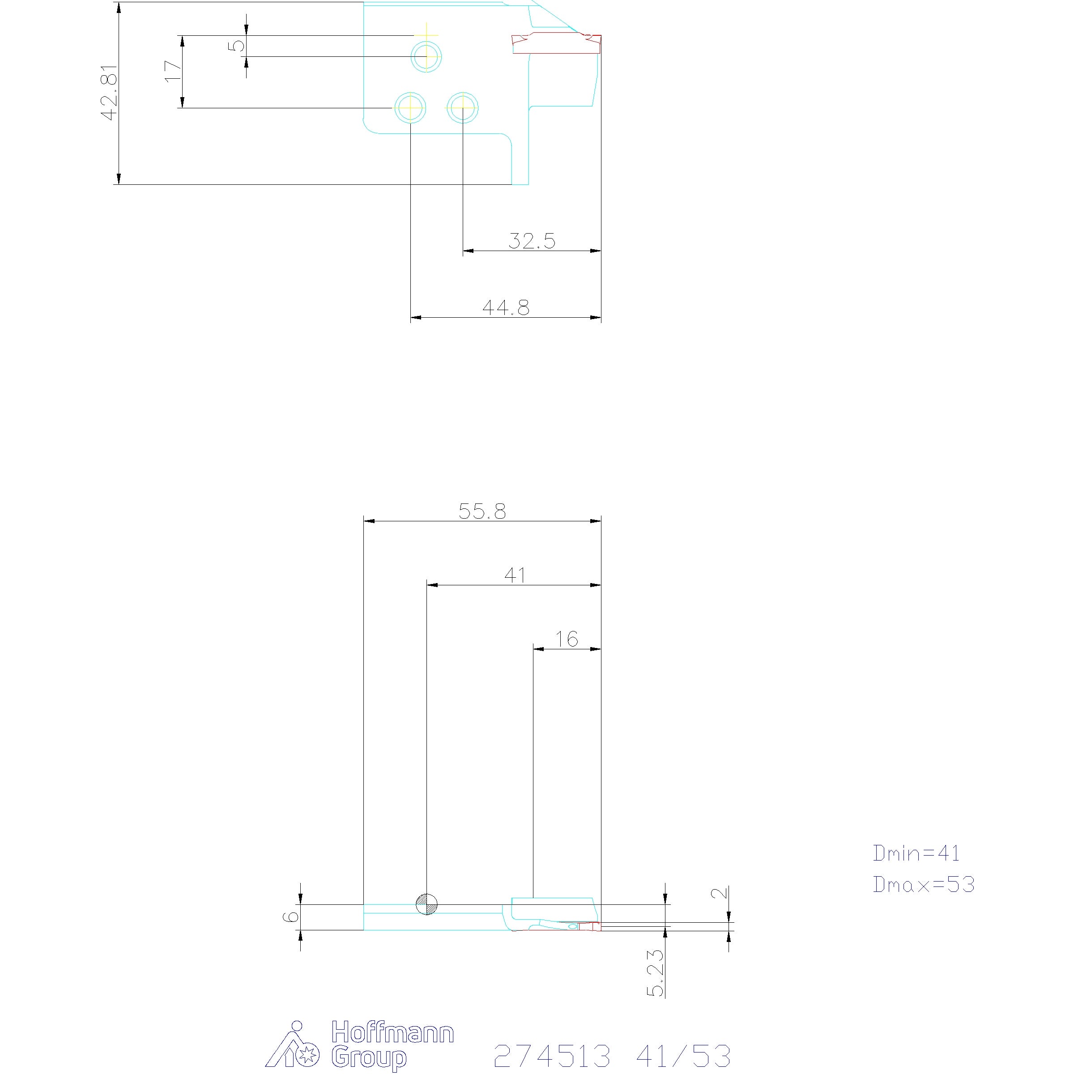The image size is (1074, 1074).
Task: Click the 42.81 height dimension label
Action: [110, 92]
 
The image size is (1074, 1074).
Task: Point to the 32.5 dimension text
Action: [532, 241]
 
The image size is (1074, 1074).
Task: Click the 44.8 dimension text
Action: [506, 307]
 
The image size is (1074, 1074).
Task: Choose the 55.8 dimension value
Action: [482, 511]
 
